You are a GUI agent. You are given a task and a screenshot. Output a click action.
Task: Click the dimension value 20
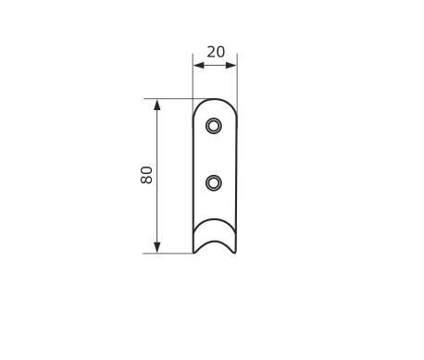[x=216, y=52]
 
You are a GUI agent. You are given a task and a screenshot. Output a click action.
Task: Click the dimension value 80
[x=146, y=175]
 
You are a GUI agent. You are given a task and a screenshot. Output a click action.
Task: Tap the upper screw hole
[x=214, y=126]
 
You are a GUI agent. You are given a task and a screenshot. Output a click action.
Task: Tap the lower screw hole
[x=214, y=183]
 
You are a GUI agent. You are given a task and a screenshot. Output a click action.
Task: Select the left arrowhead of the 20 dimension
[x=199, y=65]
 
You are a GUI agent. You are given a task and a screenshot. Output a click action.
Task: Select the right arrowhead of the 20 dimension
[x=231, y=65]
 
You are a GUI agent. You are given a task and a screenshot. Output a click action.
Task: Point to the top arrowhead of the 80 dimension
[x=157, y=105]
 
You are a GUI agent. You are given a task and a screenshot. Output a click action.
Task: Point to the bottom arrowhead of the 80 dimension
[x=157, y=248]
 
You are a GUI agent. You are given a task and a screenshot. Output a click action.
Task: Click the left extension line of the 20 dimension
[x=193, y=83]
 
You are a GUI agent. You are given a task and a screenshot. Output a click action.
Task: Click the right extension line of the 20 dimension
[x=237, y=83]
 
